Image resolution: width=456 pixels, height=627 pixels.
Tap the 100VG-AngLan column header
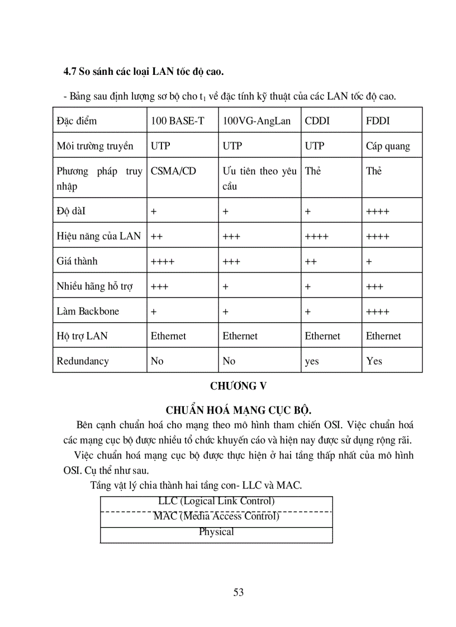click(x=256, y=121)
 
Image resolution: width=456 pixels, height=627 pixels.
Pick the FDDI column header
click(x=378, y=121)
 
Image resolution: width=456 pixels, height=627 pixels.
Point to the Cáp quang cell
click(x=388, y=146)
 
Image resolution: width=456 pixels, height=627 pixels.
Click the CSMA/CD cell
click(x=173, y=171)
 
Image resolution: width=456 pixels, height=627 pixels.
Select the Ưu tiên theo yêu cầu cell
click(x=259, y=178)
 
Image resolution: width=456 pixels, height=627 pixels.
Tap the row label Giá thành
click(x=77, y=261)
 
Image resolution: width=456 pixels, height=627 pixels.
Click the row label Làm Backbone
click(x=88, y=312)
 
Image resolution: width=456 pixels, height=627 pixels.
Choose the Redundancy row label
click(x=83, y=361)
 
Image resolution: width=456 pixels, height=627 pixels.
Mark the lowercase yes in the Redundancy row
click(x=312, y=362)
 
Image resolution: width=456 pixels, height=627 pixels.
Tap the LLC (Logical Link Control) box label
click(x=216, y=501)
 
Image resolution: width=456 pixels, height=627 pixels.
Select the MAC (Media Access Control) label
click(x=216, y=516)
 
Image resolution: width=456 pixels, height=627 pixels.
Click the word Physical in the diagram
click(x=216, y=532)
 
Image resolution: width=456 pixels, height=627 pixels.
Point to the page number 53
click(x=239, y=592)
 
